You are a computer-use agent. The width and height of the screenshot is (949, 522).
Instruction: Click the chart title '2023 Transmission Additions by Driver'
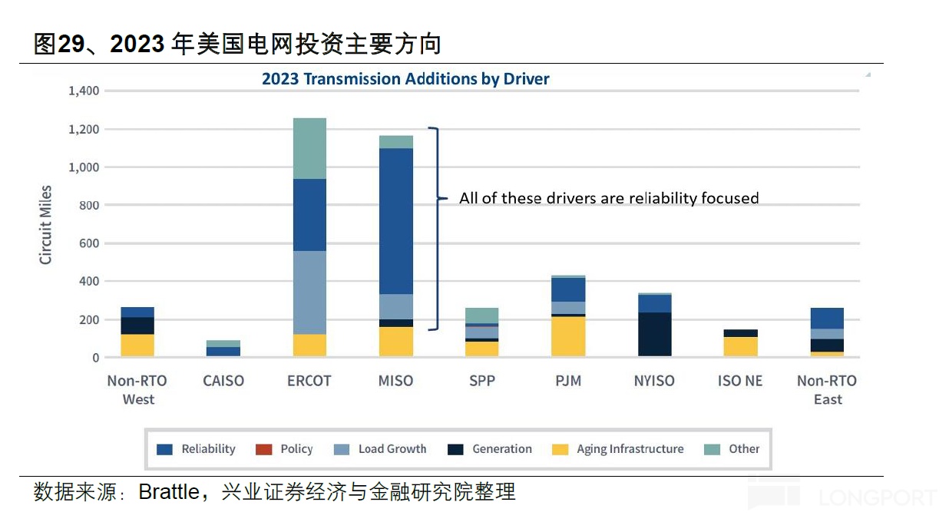pyautogui.click(x=405, y=79)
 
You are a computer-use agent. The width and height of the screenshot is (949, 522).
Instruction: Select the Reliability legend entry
pyautogui.click(x=197, y=449)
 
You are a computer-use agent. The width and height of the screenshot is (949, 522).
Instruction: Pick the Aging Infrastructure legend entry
pyautogui.click(x=618, y=449)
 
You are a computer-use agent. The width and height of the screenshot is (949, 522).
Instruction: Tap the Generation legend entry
pyautogui.click(x=490, y=449)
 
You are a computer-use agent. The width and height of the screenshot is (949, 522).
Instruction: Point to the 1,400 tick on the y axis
pyautogui.click(x=84, y=91)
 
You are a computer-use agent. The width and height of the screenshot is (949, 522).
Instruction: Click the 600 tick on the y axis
pyautogui.click(x=89, y=243)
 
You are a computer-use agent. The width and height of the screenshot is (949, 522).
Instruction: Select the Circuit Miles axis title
pyautogui.click(x=46, y=225)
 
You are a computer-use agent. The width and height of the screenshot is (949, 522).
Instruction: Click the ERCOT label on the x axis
pyautogui.click(x=309, y=381)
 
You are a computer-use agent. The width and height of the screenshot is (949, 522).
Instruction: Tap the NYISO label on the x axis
pyautogui.click(x=654, y=381)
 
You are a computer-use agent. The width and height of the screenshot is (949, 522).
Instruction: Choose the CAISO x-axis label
pyautogui.click(x=223, y=381)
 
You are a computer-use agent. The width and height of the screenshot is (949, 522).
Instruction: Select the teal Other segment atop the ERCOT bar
pyautogui.click(x=309, y=148)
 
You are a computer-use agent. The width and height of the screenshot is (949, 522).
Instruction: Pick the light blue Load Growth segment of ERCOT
pyautogui.click(x=309, y=292)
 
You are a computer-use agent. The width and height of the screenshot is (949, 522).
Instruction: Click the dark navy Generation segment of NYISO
pyautogui.click(x=654, y=334)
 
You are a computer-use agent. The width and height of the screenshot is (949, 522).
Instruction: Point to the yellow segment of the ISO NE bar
pyautogui.click(x=740, y=346)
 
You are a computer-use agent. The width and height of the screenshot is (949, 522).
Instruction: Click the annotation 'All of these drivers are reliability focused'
pyautogui.click(x=609, y=198)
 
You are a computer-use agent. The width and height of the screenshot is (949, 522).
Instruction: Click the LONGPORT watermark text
pyautogui.click(x=878, y=498)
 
